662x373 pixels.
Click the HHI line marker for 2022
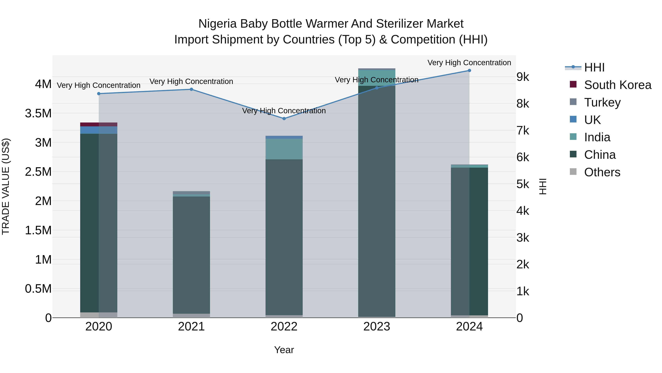(x=284, y=119)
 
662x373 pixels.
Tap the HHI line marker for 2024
(x=469, y=71)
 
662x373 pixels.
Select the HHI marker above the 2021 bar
(x=191, y=89)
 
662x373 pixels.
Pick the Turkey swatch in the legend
(x=573, y=102)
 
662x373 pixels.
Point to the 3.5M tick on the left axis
(x=38, y=113)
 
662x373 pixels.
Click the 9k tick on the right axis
(x=523, y=77)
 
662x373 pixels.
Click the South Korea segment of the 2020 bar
(x=99, y=124)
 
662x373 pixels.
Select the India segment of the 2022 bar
(x=284, y=149)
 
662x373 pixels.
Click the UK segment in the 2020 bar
(x=99, y=130)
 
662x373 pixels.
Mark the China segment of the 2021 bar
(x=191, y=255)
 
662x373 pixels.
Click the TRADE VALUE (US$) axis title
(x=6, y=186)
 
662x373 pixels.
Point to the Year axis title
(x=284, y=350)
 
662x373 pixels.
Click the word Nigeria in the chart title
(x=217, y=24)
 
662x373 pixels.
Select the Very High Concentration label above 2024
(x=469, y=63)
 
